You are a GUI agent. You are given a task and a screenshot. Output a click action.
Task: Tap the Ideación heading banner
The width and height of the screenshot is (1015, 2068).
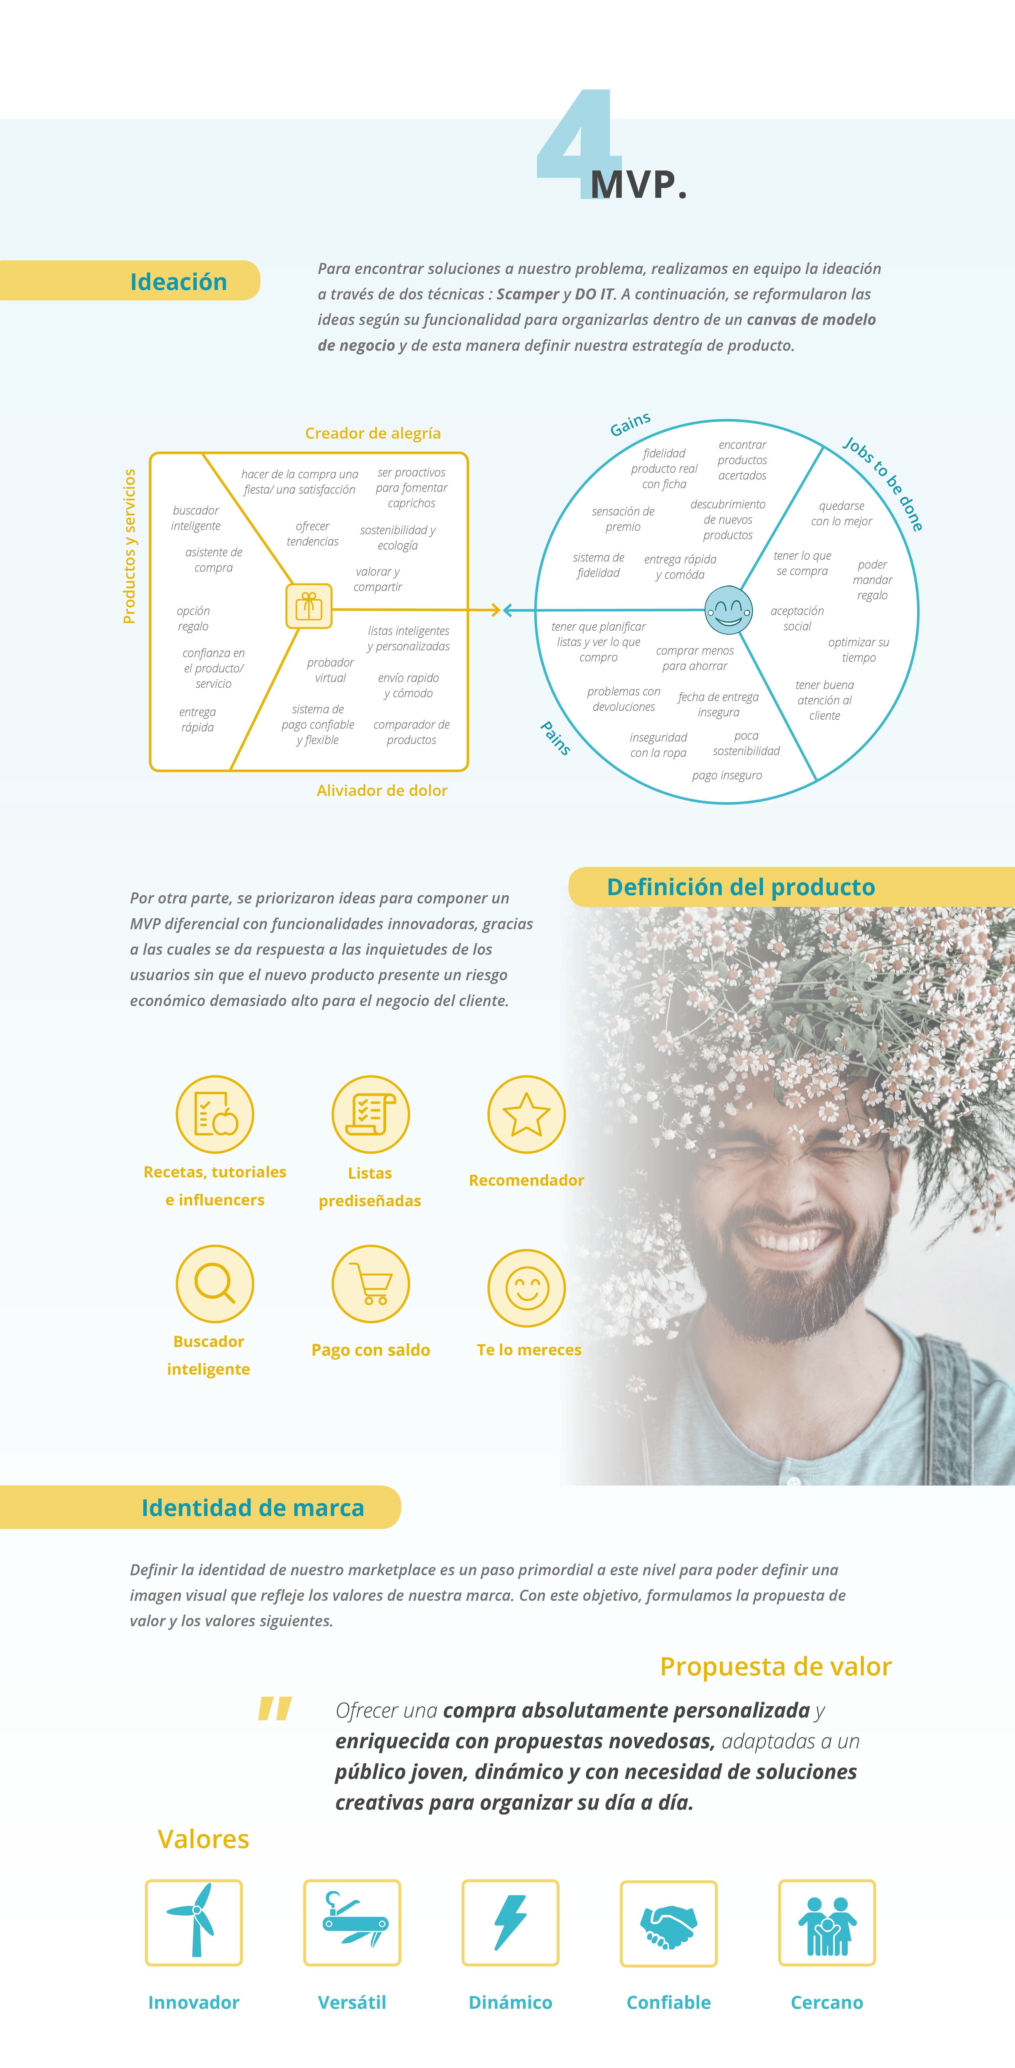[x=178, y=282]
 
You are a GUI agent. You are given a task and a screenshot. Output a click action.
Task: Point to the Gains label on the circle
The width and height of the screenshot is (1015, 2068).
[x=630, y=424]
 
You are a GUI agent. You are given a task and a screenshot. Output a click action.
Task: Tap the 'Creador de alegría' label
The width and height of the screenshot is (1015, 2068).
[x=372, y=433]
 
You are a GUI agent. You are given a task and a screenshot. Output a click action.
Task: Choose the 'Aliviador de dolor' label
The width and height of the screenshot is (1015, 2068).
[x=382, y=791]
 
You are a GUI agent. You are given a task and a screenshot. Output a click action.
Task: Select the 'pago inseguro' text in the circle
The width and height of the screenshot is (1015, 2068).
[x=727, y=775]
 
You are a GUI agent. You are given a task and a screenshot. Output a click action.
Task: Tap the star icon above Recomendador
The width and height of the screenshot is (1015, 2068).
[x=526, y=1114]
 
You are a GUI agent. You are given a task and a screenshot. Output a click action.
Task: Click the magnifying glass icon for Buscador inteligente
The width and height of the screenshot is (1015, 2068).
[x=214, y=1283]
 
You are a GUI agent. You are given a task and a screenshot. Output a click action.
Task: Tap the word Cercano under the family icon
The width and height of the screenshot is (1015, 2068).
[x=827, y=2002]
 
